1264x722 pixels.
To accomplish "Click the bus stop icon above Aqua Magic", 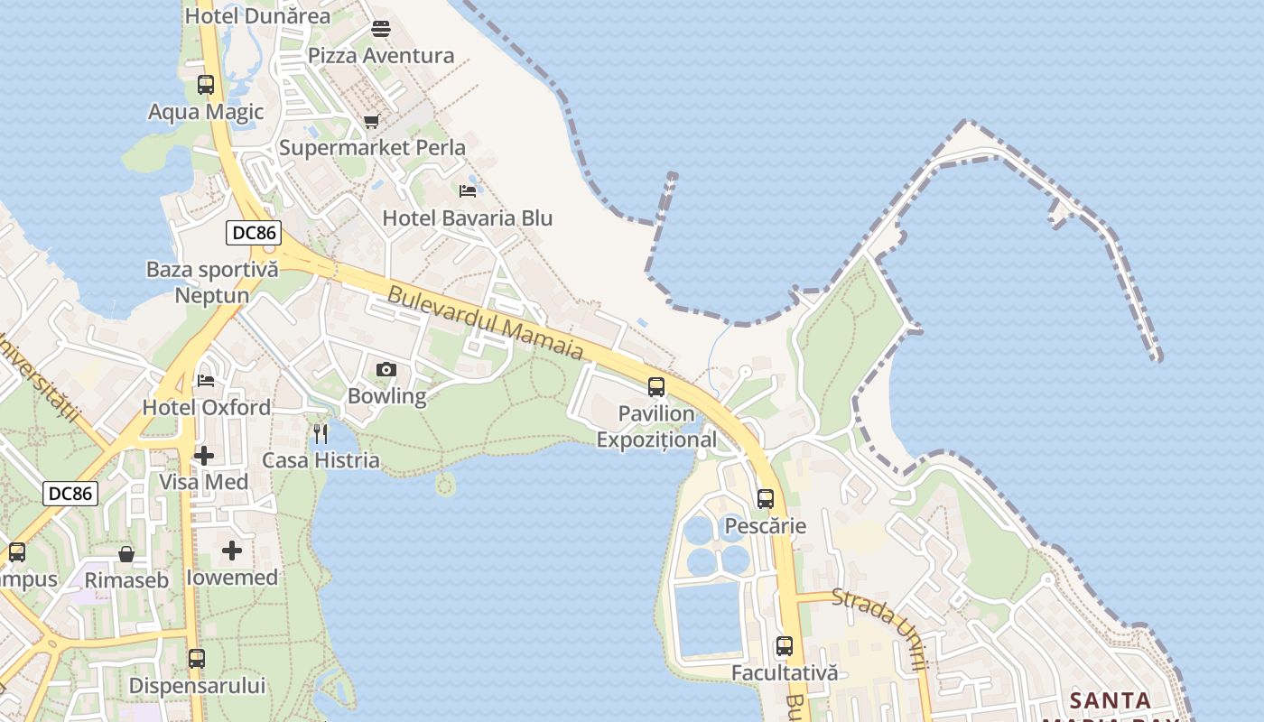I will [206, 85].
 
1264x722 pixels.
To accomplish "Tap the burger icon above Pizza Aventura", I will [381, 29].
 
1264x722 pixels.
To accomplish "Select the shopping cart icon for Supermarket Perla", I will [371, 121].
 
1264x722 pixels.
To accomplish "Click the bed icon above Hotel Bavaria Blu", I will [468, 191].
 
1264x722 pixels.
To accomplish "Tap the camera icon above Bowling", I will [386, 369].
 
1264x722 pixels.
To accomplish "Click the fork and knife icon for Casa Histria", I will [321, 434].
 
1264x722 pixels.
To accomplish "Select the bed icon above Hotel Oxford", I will [206, 381].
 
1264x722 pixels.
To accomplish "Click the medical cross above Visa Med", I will [204, 456].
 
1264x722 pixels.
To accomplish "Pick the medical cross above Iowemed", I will [232, 551].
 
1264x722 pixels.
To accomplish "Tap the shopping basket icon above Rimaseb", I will [126, 553].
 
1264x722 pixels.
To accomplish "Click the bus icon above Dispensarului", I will [197, 659].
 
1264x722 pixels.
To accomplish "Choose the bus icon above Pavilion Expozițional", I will [656, 387].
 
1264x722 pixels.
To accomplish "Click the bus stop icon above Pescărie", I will [766, 499].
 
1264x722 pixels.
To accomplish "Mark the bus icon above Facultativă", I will [785, 646].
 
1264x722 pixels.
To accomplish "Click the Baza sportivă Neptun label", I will [212, 282].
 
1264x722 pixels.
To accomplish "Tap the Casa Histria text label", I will [321, 460].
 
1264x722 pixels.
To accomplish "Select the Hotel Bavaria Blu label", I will [468, 218].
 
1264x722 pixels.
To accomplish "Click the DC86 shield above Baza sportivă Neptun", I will [254, 233].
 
